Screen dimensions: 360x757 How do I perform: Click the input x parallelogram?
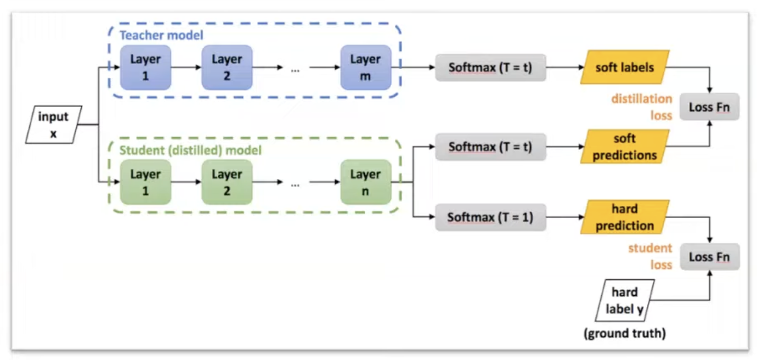[53, 125]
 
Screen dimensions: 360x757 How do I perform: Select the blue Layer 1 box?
[145, 67]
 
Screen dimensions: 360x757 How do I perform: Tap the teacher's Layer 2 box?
[227, 67]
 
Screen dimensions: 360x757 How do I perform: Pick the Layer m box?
[365, 67]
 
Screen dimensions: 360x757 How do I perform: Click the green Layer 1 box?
[145, 182]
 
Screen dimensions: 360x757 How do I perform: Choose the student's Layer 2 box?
[227, 182]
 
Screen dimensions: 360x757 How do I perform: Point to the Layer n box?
[365, 182]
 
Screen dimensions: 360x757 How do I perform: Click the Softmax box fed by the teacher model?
[490, 68]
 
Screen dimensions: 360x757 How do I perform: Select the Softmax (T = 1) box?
[490, 217]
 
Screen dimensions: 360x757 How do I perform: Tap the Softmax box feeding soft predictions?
[490, 147]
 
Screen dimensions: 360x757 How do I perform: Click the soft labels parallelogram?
[625, 68]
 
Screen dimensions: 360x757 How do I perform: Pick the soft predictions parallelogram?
[625, 147]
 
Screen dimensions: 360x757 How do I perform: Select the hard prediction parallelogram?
[625, 217]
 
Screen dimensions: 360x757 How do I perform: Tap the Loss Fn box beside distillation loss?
[709, 107]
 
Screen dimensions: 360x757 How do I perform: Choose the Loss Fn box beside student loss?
[709, 257]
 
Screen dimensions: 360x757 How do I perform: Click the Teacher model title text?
[161, 36]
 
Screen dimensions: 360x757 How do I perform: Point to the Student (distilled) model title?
[190, 149]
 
